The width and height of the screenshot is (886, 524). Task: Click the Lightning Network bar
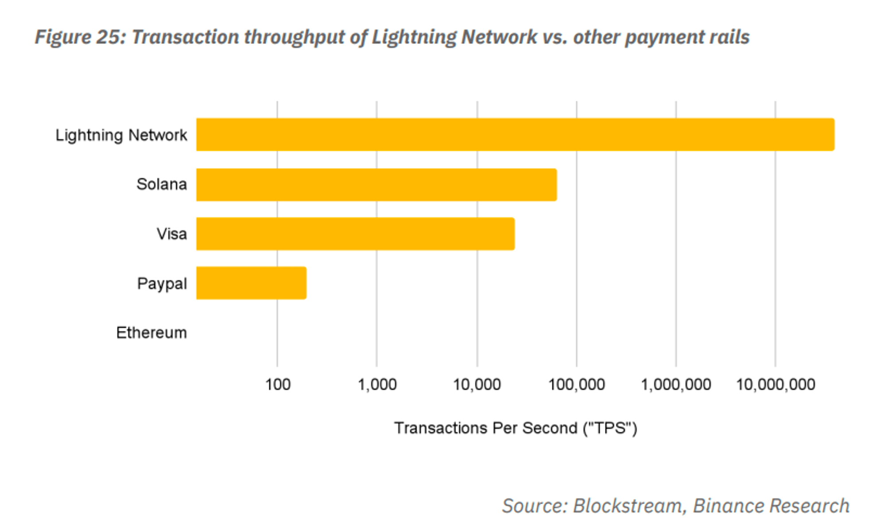click(x=515, y=134)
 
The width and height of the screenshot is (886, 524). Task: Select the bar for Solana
click(x=377, y=184)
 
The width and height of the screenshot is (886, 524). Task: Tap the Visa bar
click(x=355, y=234)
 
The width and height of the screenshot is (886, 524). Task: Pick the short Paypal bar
click(x=251, y=283)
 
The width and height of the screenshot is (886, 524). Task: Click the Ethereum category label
click(x=152, y=332)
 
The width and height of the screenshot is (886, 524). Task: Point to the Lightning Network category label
click(x=121, y=135)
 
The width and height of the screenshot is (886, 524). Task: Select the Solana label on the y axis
click(x=162, y=184)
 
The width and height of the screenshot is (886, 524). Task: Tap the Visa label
click(x=172, y=234)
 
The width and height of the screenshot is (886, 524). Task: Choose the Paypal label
click(x=162, y=283)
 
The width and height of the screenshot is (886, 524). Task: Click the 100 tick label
click(x=278, y=384)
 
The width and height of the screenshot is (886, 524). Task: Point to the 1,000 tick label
click(x=377, y=384)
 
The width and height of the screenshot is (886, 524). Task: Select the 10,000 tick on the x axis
click(x=477, y=384)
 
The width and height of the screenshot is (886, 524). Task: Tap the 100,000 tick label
click(x=576, y=384)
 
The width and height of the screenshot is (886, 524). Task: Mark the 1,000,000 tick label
click(x=676, y=384)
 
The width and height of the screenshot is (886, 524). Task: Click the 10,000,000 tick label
click(x=775, y=384)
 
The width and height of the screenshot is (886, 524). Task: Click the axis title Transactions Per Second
click(x=515, y=428)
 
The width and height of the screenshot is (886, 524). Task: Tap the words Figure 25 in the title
click(x=81, y=37)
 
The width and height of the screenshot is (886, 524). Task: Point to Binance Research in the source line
click(x=771, y=506)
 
